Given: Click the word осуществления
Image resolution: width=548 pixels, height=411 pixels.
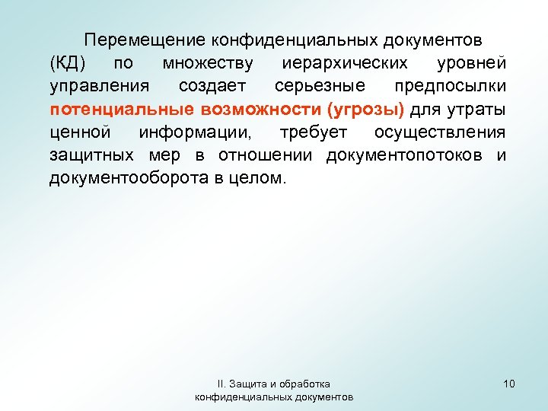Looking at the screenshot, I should tap(440, 132).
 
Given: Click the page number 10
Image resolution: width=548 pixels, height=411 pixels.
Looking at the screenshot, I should tap(509, 384).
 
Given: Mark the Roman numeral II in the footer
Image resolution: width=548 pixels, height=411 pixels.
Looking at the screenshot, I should tap(221, 384).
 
